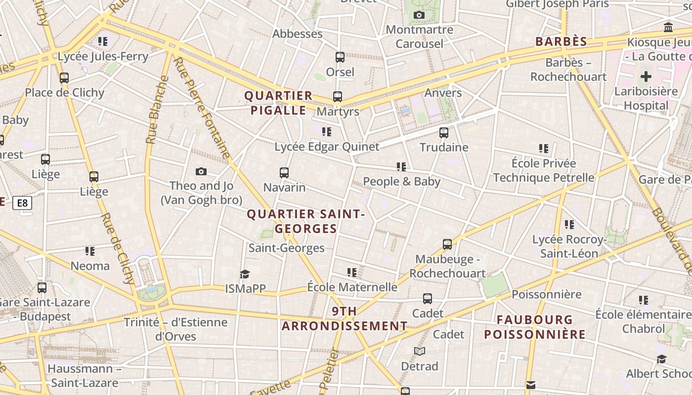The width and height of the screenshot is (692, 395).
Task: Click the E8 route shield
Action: click(x=23, y=202)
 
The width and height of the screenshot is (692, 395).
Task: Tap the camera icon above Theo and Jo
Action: click(x=201, y=171)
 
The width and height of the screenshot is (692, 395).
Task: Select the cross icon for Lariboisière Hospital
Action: click(x=646, y=77)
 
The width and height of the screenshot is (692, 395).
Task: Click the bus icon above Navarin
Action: click(x=284, y=173)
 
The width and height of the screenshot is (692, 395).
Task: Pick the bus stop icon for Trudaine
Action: click(x=444, y=132)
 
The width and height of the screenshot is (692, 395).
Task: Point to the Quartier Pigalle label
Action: click(x=278, y=103)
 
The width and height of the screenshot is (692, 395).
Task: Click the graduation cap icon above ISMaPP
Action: click(x=245, y=274)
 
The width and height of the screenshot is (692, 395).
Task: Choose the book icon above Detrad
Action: click(x=419, y=351)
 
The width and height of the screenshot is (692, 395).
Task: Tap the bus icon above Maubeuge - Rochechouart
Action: click(x=447, y=244)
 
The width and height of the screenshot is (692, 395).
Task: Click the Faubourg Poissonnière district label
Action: click(x=535, y=327)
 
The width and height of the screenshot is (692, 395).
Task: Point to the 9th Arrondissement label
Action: click(x=345, y=318)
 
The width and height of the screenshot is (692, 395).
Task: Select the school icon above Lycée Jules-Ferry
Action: click(x=103, y=41)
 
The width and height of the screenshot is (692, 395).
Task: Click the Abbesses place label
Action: click(x=298, y=34)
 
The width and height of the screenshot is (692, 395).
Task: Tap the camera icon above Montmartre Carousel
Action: click(x=419, y=15)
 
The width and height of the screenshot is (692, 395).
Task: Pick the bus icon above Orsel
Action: click(x=340, y=57)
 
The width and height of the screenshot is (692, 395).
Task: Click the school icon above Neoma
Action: click(x=90, y=251)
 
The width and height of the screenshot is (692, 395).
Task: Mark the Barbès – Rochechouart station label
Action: click(x=568, y=70)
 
